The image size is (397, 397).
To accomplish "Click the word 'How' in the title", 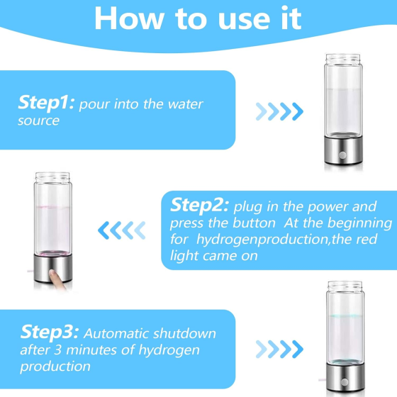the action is coord(129,18).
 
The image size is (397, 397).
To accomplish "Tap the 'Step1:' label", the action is coord(46,103).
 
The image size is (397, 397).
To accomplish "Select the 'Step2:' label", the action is coord(199,206).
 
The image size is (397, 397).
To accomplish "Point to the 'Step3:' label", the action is coord(50,332).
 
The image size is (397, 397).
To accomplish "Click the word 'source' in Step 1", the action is coord(38,121).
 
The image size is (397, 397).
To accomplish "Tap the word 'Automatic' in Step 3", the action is coord(117,333).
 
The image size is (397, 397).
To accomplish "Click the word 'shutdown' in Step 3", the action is coord(184,333).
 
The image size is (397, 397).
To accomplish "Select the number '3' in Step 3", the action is coord(58,350).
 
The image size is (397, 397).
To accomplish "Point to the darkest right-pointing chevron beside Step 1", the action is coord(298,112).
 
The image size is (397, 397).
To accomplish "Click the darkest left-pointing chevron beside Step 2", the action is coord(104,230).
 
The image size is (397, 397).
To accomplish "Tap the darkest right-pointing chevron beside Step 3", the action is coord(298,349).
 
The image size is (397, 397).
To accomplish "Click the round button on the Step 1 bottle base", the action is coord(342,155).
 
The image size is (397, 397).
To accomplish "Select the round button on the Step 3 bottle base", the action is coord(345,382).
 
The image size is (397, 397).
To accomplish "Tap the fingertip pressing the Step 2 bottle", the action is coord(52,274).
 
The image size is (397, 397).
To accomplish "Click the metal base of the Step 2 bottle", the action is coord(53,268).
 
